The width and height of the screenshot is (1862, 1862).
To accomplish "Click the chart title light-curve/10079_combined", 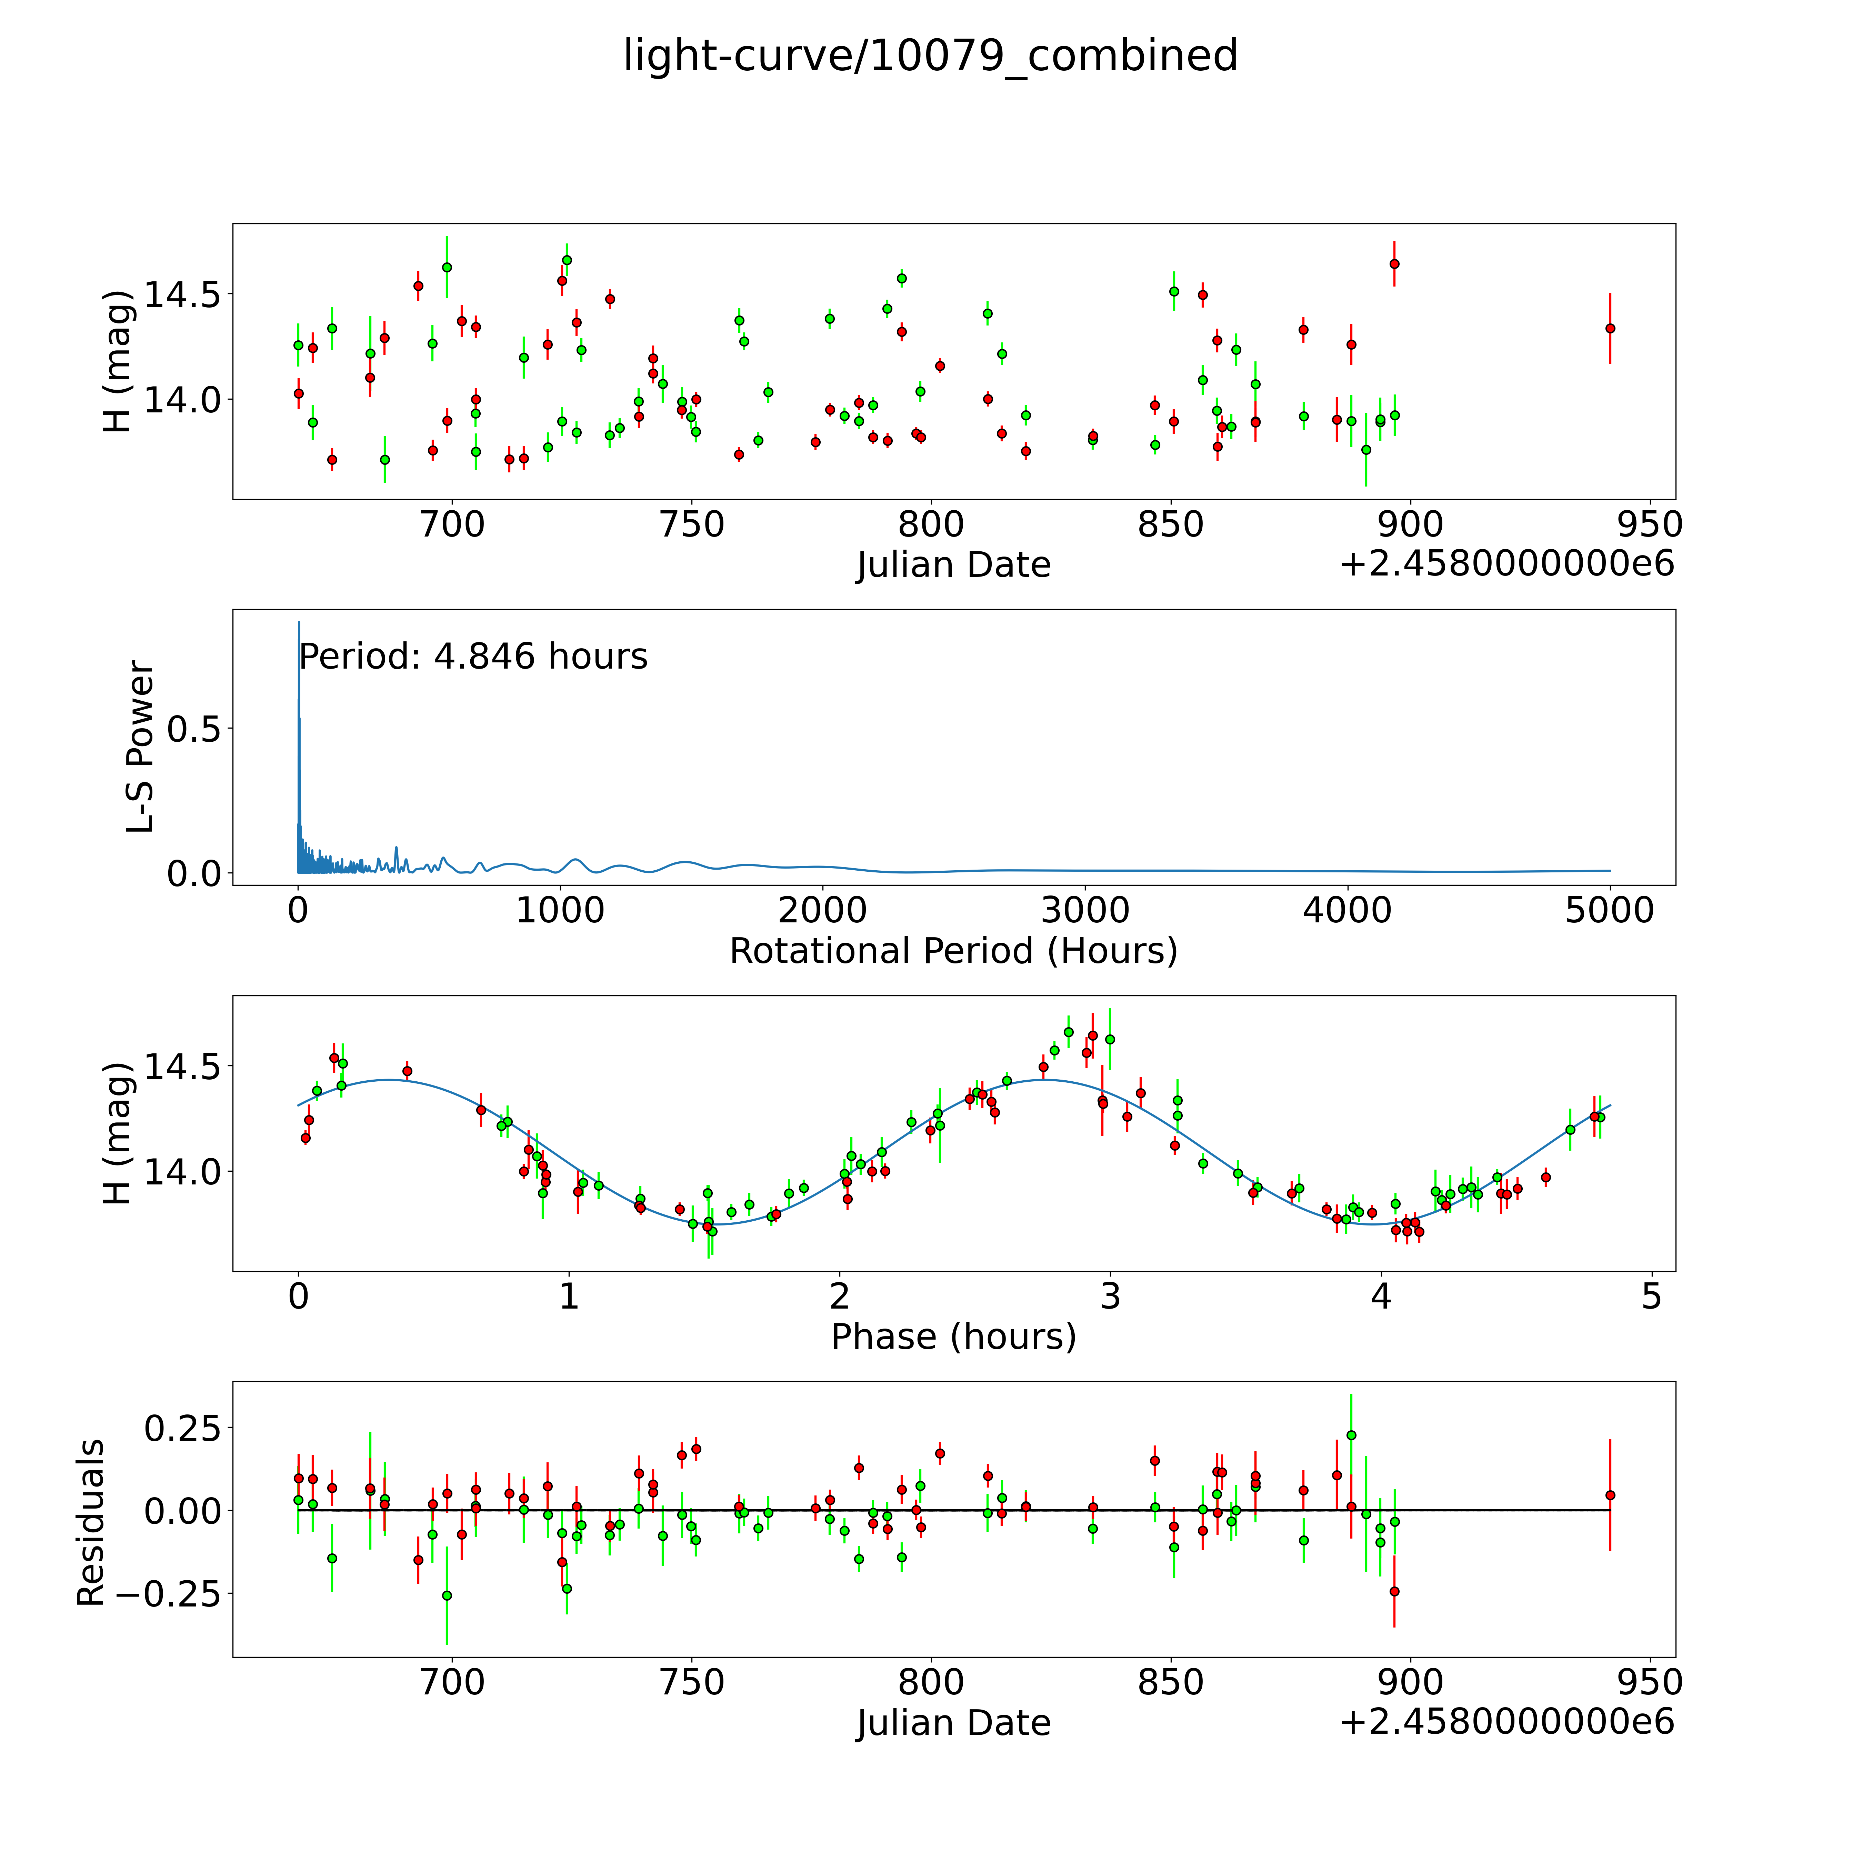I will click(930, 56).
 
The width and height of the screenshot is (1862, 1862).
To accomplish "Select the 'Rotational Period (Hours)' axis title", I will click(953, 951).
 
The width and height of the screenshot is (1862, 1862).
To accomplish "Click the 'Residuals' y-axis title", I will click(90, 1523).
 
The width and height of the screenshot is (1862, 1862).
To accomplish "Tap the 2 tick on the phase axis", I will click(839, 1297).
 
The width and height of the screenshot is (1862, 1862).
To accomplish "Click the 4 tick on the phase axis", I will click(1381, 1297).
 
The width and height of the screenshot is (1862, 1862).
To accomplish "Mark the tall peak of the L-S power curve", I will click(299, 624).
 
